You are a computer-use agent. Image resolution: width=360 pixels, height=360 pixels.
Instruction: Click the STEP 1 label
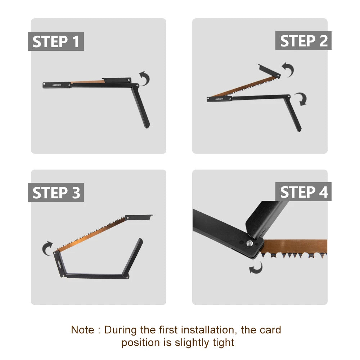[56, 41]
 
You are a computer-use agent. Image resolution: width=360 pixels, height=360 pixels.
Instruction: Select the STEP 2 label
[303, 41]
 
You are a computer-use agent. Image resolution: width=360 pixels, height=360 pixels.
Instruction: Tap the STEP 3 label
[56, 193]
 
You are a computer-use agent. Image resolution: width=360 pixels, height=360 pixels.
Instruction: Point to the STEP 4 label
[303, 192]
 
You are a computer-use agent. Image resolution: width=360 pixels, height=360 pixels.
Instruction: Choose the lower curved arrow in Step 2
[301, 99]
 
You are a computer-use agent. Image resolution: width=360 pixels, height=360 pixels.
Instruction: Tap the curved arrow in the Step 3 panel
[48, 249]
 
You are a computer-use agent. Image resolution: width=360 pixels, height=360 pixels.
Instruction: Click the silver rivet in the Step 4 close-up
[249, 243]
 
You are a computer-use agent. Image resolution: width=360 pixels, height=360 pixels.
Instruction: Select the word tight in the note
[224, 342]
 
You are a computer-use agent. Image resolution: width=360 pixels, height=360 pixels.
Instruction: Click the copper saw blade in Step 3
[90, 234]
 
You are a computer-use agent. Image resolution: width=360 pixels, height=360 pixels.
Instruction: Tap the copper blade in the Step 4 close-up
[295, 246]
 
